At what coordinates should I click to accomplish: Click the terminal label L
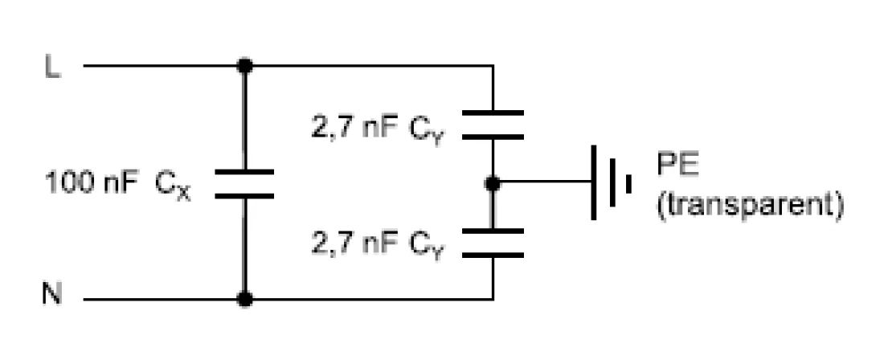(x=51, y=67)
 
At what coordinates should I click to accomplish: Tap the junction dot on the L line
(x=246, y=66)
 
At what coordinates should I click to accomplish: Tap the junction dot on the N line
(x=246, y=300)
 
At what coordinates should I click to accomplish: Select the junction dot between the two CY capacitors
(x=494, y=184)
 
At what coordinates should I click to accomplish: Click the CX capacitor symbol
(x=246, y=183)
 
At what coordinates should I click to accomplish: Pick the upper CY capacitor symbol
(x=494, y=125)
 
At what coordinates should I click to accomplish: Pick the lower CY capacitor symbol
(x=494, y=243)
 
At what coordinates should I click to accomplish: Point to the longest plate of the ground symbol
(x=594, y=183)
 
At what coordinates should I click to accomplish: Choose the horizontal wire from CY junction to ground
(x=542, y=183)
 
